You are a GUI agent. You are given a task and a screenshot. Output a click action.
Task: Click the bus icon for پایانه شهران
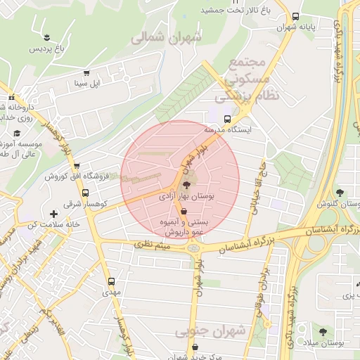coord(295,15)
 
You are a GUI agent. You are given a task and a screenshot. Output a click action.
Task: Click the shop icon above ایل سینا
coord(86,72)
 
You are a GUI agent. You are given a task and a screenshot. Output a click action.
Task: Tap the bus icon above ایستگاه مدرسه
coord(227,119)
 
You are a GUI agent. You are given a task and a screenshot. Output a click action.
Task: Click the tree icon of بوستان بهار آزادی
coord(185,185)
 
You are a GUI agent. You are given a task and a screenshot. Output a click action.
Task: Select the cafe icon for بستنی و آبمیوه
coord(184,211)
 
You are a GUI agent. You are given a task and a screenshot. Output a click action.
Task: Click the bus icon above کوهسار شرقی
coord(86,193)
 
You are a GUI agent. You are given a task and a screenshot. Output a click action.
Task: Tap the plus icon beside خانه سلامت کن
coord(53,213)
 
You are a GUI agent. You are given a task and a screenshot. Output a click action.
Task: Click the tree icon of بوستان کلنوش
coord(340,193)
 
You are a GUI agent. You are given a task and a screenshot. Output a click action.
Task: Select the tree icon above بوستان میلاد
coord(323,331)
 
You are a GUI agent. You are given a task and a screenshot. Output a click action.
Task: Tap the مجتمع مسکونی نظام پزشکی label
coord(254,77)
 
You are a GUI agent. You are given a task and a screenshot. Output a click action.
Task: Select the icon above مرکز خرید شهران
coord(195,347)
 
